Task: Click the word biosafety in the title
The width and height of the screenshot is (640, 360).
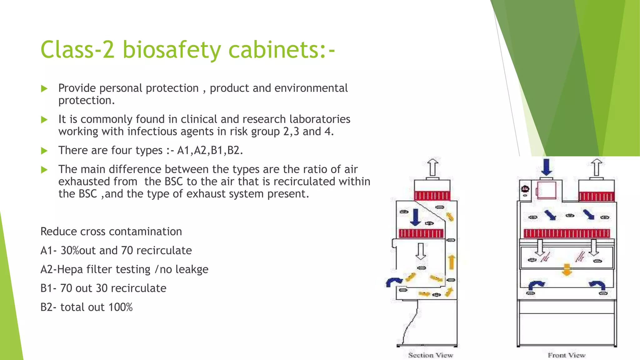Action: [172, 50]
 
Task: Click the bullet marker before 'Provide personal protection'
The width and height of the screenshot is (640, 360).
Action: [44, 89]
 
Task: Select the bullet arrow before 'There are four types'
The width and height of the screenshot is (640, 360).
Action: [44, 151]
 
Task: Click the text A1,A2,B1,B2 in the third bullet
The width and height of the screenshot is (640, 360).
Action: [210, 151]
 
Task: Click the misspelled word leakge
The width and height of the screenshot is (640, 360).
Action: [192, 269]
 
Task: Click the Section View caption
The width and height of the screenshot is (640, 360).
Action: [431, 355]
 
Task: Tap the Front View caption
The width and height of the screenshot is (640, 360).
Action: [566, 355]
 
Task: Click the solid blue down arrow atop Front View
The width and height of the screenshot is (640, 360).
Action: [546, 167]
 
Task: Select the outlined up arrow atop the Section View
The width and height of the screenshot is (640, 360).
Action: [432, 167]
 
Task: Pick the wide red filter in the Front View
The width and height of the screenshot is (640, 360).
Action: [567, 233]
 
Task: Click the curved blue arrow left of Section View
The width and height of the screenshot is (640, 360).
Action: [394, 282]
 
